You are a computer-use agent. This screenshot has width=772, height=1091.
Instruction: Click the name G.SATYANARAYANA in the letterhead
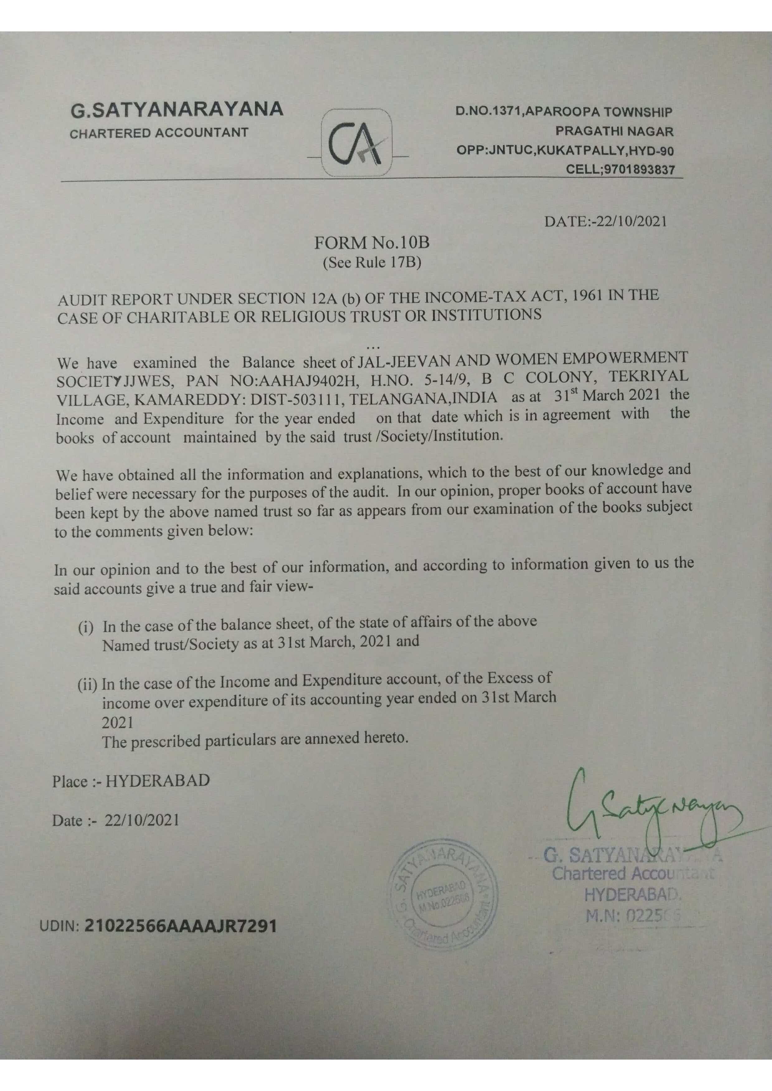tap(177, 110)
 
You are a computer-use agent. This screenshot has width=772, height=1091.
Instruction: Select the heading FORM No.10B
tap(372, 243)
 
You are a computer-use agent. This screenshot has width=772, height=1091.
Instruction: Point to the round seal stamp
tap(442, 894)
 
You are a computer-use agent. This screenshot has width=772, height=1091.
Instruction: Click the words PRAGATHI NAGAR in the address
tap(614, 131)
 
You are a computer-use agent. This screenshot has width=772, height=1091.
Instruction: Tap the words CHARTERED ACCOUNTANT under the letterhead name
tap(159, 133)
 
